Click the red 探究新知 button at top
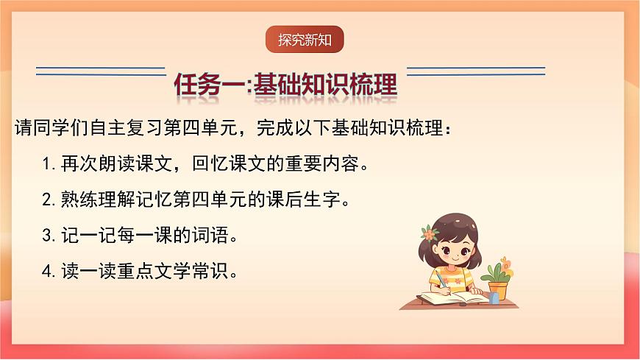(305, 40)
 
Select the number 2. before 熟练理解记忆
(49, 199)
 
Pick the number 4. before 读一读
(49, 272)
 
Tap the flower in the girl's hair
(430, 233)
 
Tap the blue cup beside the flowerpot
(494, 297)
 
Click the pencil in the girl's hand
(440, 278)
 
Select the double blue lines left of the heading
(101, 71)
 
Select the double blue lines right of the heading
(475, 71)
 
